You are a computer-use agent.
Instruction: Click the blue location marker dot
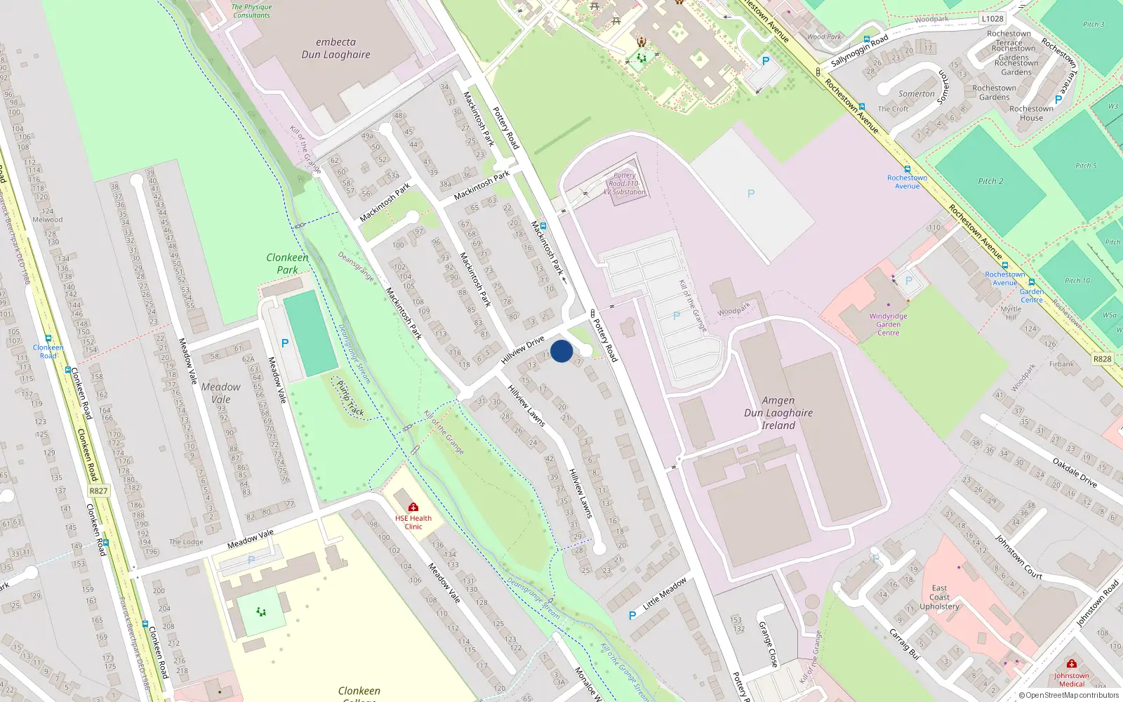561,351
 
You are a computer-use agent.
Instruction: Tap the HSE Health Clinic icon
413,507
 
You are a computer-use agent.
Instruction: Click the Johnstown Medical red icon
1071,663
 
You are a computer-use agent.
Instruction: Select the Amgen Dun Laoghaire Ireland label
778,413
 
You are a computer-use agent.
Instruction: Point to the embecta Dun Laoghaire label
335,48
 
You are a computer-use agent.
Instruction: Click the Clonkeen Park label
287,263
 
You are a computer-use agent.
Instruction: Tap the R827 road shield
98,491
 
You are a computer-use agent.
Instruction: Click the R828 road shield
1102,359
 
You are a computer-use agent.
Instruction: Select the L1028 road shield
992,19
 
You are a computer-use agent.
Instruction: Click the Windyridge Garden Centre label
888,324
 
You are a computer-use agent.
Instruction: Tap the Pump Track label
350,399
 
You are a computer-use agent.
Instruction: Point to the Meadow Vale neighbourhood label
220,393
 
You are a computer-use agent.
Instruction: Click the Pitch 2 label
990,181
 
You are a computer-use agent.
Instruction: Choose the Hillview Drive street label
523,350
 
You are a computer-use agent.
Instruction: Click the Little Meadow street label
665,593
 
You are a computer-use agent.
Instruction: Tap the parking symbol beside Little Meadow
632,616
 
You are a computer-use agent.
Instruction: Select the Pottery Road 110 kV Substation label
625,184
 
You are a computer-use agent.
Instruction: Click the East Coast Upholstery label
939,597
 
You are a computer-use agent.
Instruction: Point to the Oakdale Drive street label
1075,472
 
